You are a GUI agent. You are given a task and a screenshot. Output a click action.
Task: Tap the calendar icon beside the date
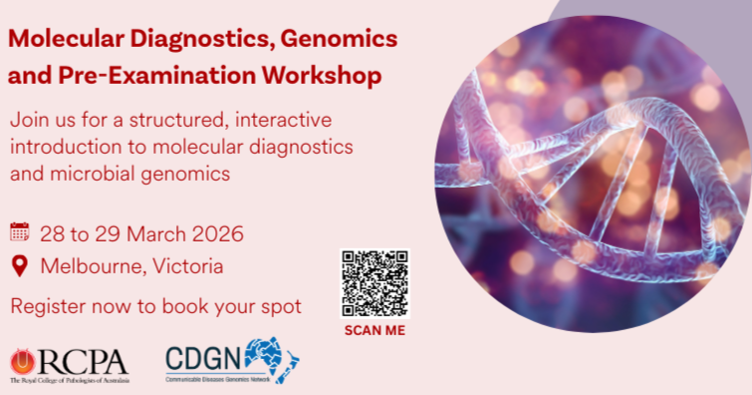20,233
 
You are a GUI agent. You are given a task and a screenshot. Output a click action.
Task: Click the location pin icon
20,265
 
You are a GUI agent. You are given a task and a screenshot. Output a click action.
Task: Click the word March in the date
148,234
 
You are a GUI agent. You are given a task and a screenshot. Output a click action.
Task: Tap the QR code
375,283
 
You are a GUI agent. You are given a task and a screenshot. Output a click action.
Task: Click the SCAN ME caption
375,331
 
